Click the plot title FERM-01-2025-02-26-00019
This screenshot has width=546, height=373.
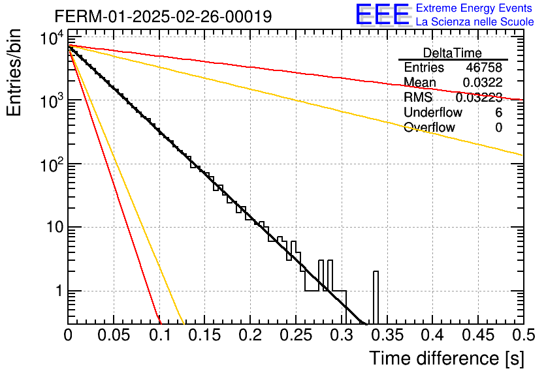[x=163, y=16]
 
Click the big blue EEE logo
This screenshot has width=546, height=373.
[x=383, y=14]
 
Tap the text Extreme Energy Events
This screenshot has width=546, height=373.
[x=474, y=8]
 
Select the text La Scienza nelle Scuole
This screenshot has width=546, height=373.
[x=475, y=22]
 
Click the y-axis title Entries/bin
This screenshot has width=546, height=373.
[x=14, y=73]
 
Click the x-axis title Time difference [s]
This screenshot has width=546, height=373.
[x=447, y=358]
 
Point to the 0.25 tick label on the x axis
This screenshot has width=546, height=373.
[x=296, y=335]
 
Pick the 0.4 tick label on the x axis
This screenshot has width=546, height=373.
[x=433, y=335]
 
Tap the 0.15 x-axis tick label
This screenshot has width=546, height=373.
[x=204, y=335]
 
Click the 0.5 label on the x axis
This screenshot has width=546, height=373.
[x=524, y=335]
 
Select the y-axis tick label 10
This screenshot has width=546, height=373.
[x=55, y=227]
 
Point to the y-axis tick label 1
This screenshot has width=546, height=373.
[x=59, y=291]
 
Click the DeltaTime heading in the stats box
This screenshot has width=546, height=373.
[x=453, y=53]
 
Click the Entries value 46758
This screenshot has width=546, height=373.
[x=484, y=67]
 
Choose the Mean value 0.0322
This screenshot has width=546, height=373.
[x=483, y=82]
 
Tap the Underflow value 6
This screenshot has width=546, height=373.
[x=498, y=112]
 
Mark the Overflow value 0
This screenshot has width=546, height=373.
[x=498, y=127]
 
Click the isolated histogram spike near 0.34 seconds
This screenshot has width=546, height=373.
[x=376, y=297]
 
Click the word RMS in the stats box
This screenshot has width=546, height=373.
[x=418, y=97]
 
